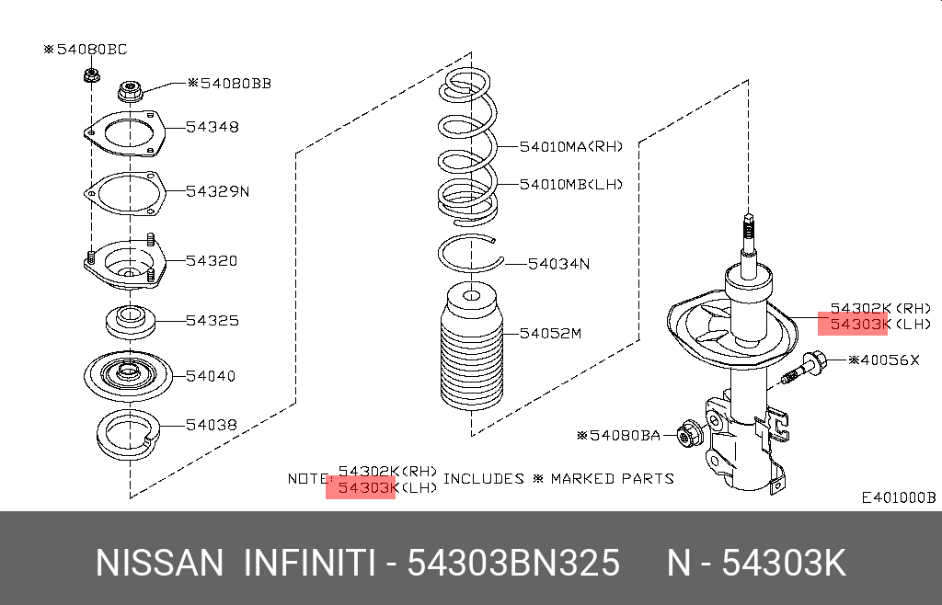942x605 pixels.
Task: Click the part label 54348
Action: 213,127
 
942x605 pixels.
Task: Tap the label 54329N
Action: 217,191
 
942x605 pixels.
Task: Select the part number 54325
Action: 213,321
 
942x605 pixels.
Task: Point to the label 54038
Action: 213,425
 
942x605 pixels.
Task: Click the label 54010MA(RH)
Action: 571,146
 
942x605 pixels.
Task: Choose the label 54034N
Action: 558,264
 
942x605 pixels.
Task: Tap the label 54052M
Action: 550,333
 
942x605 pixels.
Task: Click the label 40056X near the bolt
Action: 884,360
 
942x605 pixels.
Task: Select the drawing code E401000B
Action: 899,497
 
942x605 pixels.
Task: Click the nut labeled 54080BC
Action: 91,75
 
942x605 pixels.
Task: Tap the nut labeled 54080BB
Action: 130,91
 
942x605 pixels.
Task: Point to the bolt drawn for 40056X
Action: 803,367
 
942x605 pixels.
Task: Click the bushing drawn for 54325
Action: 131,321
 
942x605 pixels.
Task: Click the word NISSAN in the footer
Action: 159,564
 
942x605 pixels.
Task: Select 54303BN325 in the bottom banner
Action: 513,564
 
